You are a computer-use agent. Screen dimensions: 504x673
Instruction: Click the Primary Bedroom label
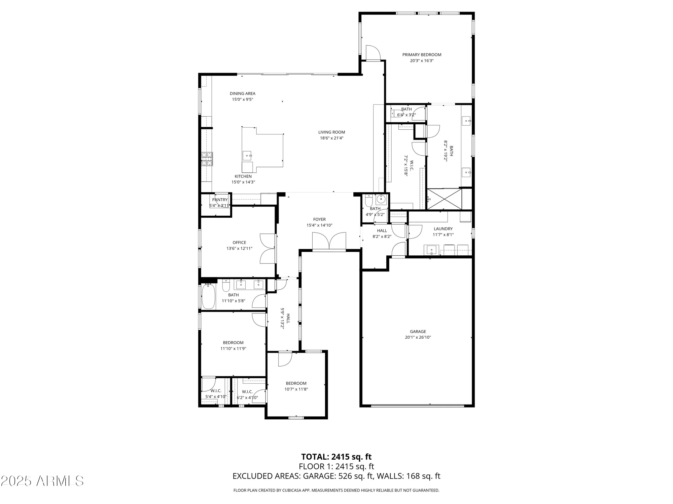422,55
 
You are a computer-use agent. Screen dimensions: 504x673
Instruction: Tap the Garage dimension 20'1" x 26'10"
418,337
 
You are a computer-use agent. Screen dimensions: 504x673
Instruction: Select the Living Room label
331,132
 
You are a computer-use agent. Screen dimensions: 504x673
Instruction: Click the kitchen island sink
247,156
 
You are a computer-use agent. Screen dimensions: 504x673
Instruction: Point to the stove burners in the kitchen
207,159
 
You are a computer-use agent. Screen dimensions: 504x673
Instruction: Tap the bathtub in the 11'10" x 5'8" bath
208,296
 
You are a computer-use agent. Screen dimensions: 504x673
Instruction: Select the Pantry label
220,200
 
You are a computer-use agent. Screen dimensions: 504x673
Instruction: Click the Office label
239,243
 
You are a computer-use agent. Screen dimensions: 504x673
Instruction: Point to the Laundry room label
443,229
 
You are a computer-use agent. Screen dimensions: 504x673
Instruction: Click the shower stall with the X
445,199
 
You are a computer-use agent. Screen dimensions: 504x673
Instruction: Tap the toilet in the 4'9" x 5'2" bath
368,201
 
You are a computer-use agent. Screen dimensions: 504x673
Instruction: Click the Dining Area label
242,93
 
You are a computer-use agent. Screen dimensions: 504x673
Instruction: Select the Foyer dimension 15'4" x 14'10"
319,225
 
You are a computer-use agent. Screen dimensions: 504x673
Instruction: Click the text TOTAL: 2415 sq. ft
336,457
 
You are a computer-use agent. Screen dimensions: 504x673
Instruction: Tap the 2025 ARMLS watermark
42,481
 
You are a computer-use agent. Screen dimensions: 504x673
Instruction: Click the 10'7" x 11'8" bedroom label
296,383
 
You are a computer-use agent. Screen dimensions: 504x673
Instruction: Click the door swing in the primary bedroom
373,52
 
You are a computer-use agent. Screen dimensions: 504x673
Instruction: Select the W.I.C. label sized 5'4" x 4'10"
216,391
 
